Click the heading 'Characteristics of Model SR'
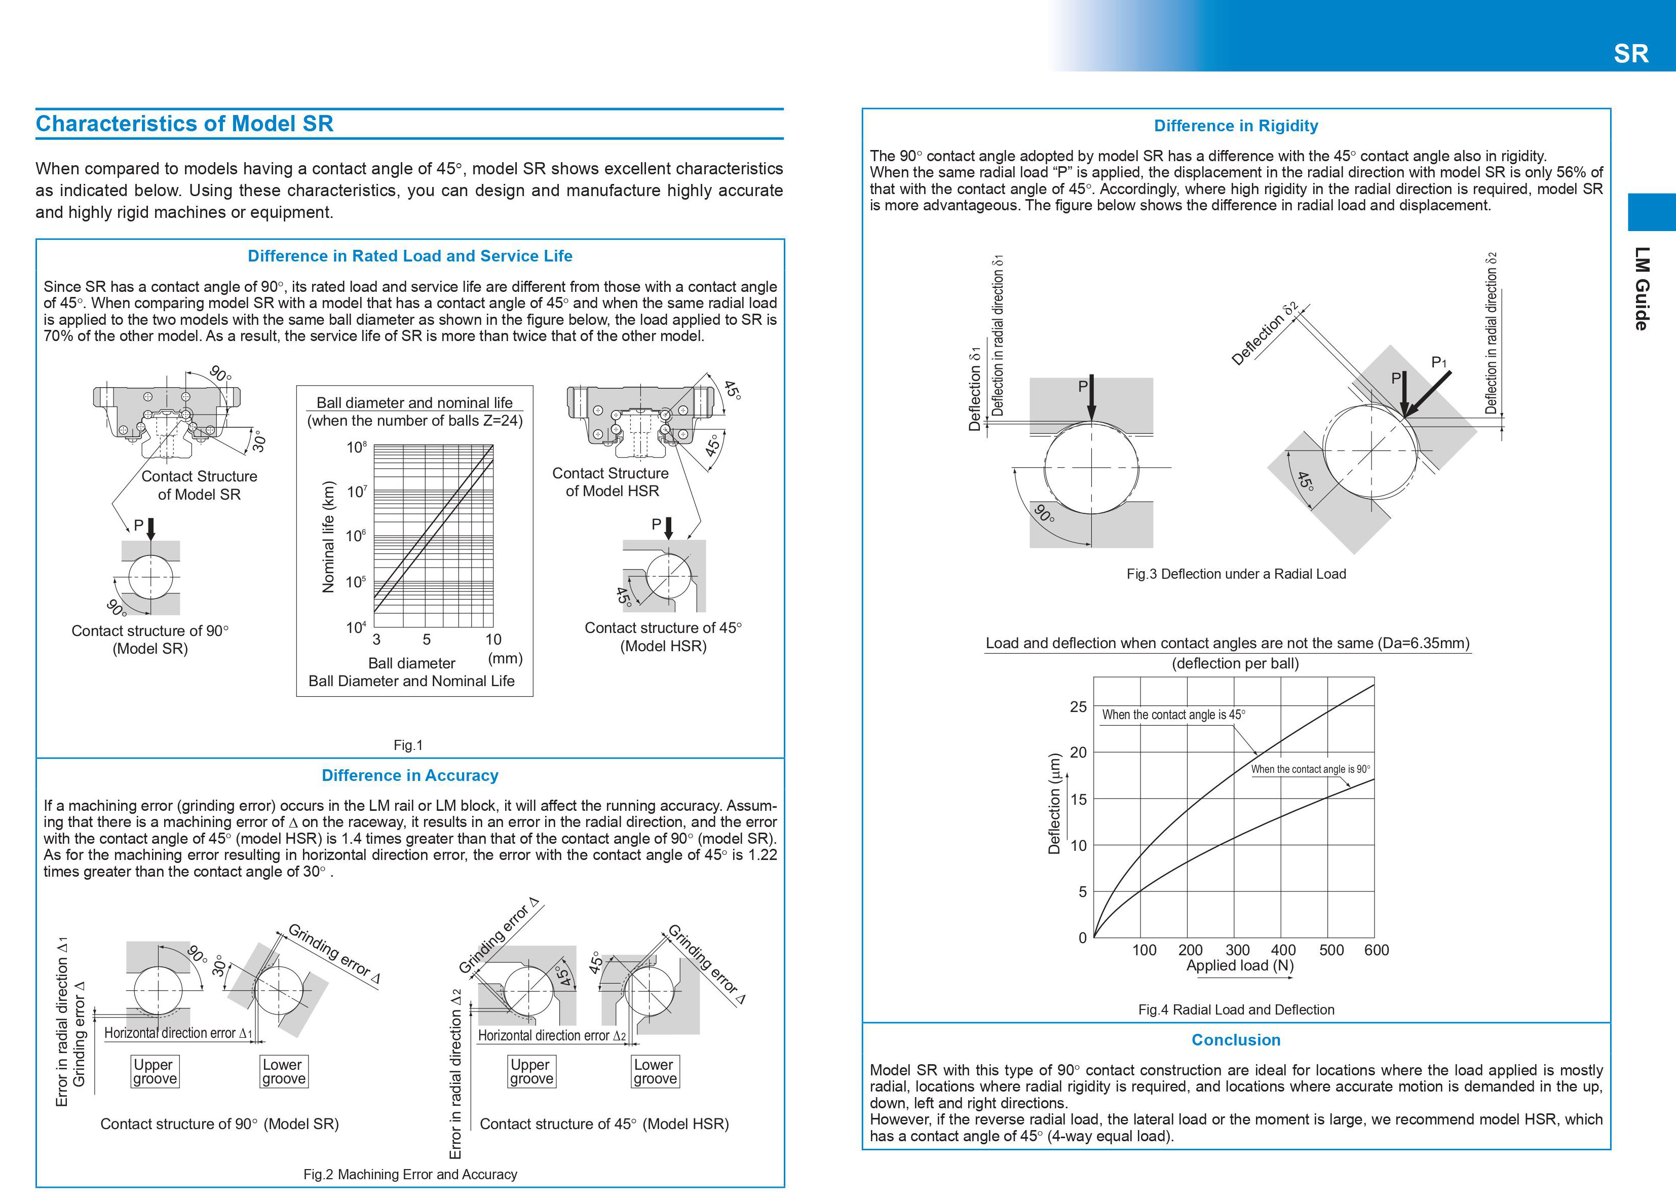point(184,124)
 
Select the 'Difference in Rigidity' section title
point(1236,126)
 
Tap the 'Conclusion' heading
point(1236,1040)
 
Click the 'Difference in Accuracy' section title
point(410,775)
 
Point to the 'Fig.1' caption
point(408,745)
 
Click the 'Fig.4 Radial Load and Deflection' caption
point(1236,1009)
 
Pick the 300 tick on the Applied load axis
point(1237,950)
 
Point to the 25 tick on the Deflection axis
point(1079,706)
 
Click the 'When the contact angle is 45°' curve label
point(1173,715)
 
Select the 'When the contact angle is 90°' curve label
point(1310,769)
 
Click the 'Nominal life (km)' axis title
point(329,537)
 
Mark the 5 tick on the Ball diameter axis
point(426,639)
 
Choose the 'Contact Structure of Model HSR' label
point(611,482)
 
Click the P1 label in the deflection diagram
point(1439,362)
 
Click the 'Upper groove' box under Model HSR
point(531,1071)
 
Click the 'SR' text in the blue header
point(1631,54)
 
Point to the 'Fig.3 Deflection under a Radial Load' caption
point(1236,574)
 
